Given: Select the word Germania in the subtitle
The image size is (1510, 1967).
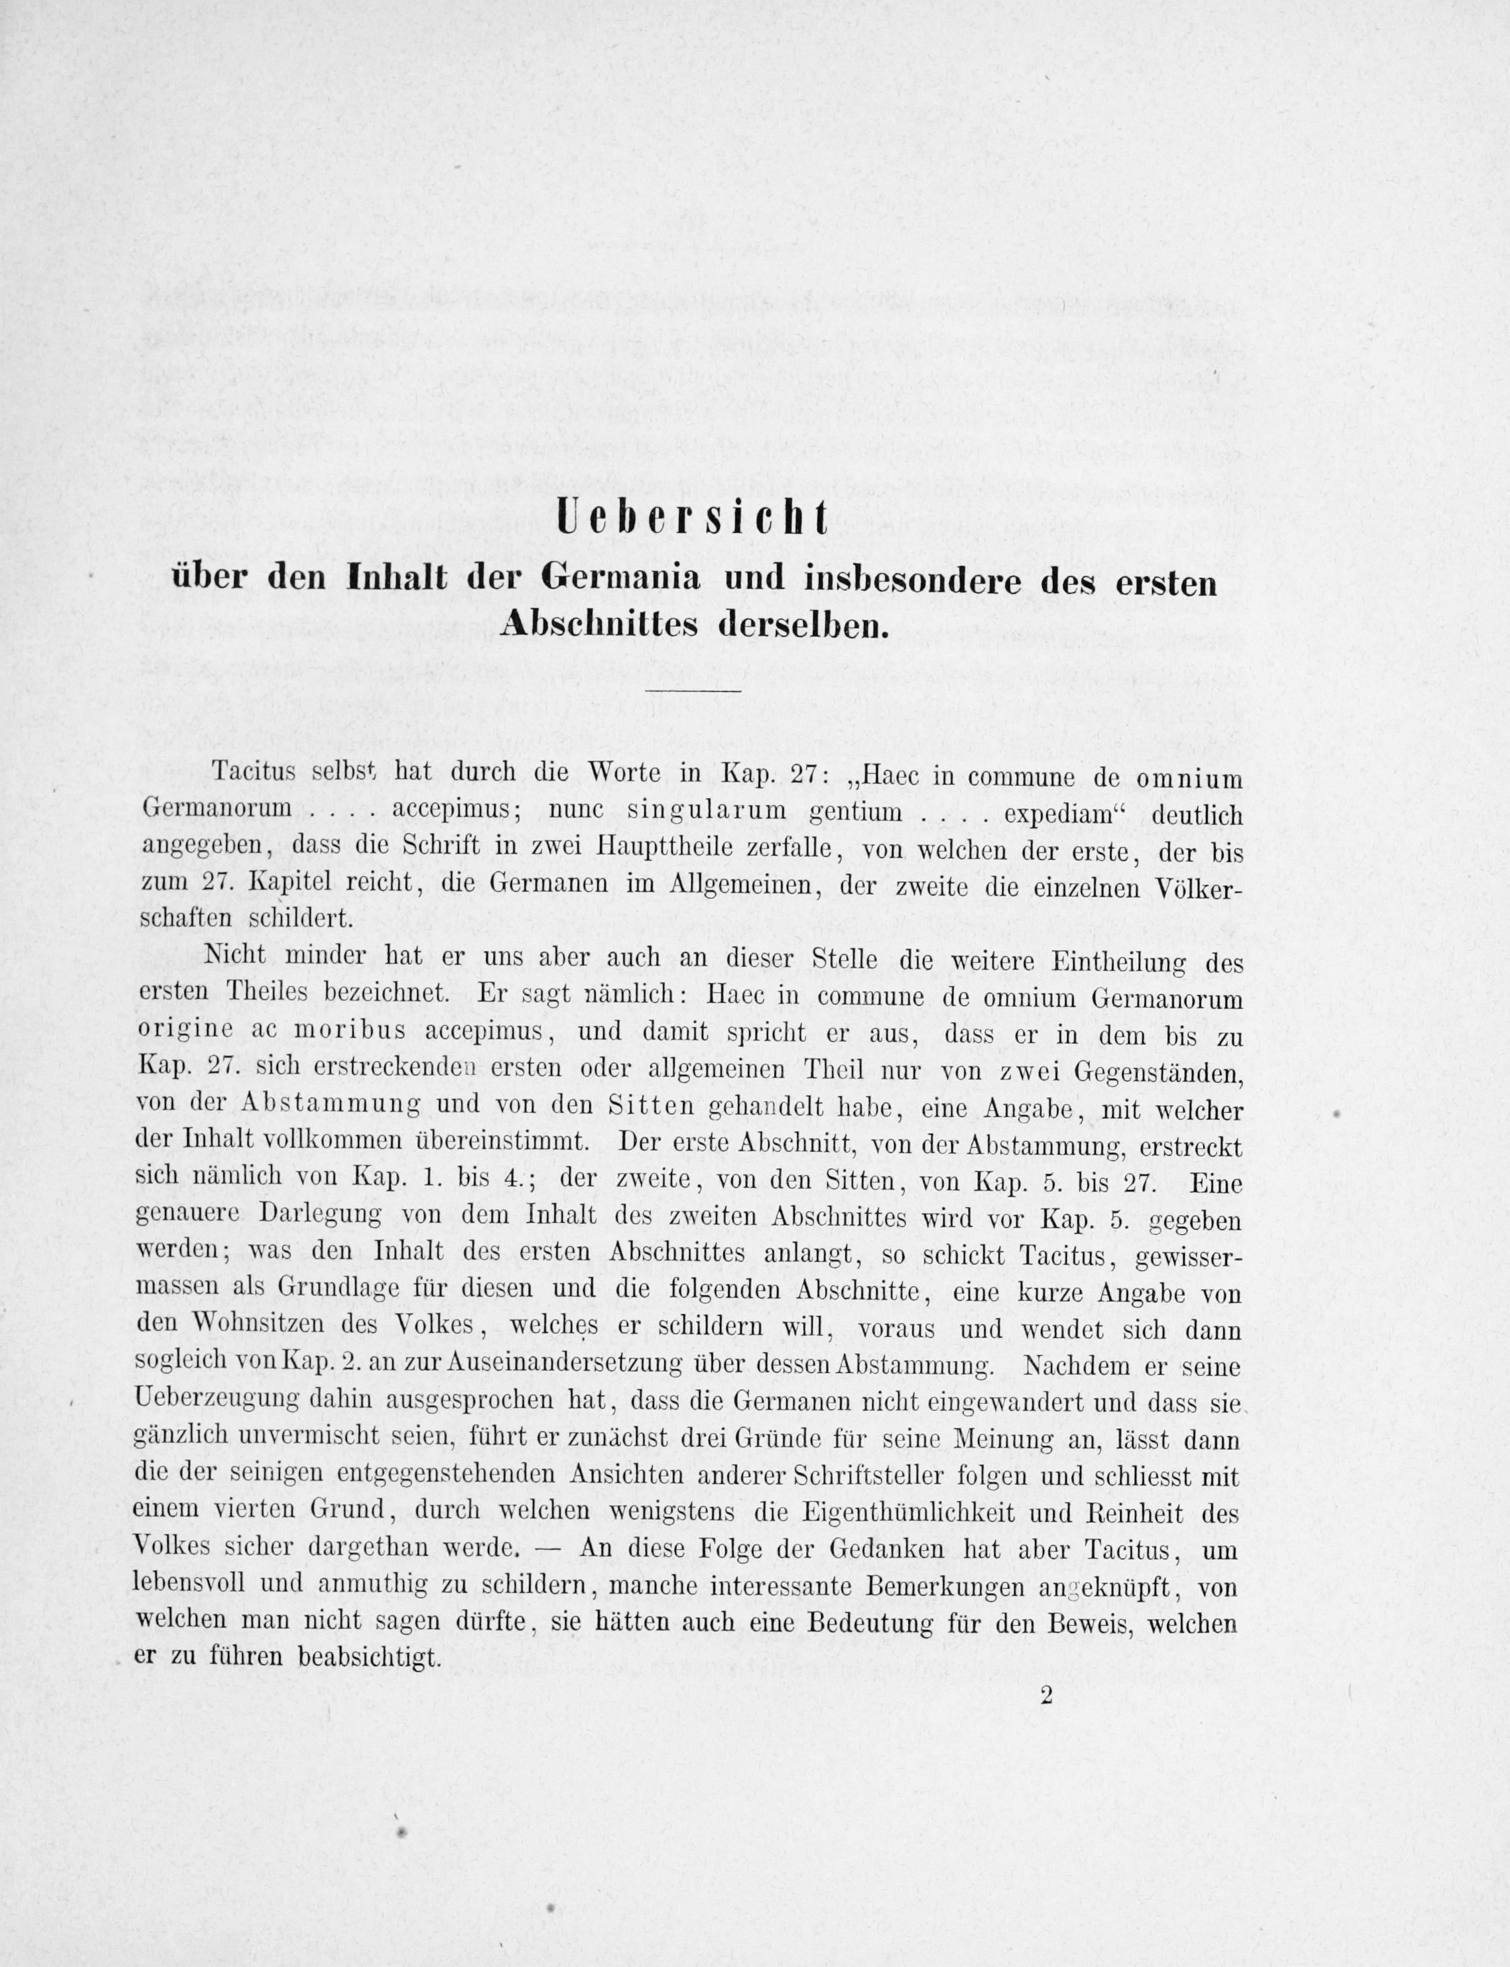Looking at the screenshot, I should (x=620, y=580).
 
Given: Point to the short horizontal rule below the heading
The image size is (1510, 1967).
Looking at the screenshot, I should (x=692, y=690).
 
